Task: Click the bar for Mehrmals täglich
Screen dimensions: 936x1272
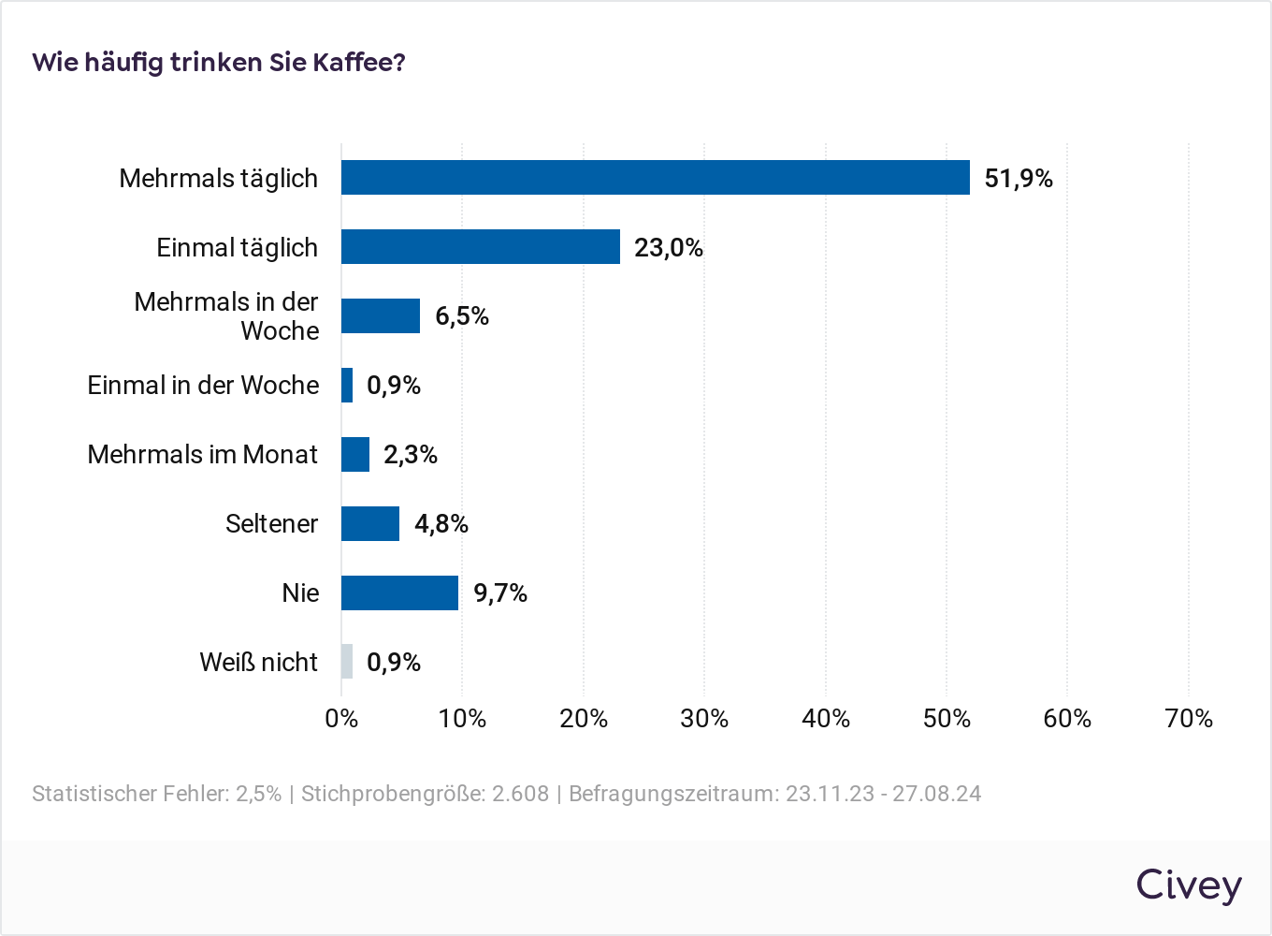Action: point(655,178)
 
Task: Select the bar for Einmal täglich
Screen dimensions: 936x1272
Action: point(480,247)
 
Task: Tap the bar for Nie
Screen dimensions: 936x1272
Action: point(399,592)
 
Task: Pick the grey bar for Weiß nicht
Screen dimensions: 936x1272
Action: point(347,662)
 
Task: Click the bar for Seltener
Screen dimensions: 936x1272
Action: point(369,523)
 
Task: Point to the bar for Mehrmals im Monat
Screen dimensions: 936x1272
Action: point(355,454)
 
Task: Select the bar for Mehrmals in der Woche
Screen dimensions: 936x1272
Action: point(380,316)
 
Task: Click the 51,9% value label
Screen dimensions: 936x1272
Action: point(1019,179)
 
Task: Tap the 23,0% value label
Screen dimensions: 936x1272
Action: point(668,248)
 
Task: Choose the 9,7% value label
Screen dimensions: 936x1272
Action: point(500,593)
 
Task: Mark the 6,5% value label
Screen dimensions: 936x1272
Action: point(462,316)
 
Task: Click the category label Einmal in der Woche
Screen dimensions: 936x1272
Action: point(203,386)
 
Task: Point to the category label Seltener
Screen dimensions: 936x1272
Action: point(271,524)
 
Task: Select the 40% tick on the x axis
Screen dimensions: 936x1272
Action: point(826,719)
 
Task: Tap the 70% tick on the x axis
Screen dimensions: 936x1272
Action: point(1189,719)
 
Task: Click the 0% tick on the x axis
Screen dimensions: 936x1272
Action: point(341,719)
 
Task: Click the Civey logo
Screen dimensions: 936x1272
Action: point(1189,885)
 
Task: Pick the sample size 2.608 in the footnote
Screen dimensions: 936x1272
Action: point(520,794)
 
